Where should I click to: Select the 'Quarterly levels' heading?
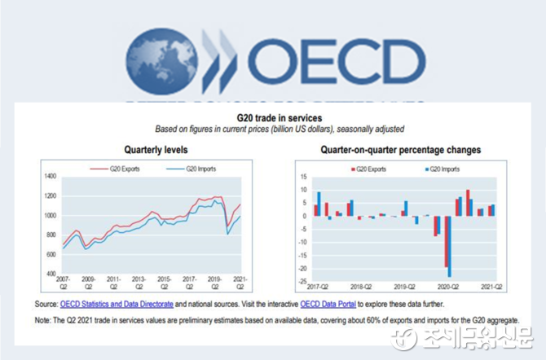tap(156, 150)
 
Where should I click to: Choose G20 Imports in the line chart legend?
tap(200, 169)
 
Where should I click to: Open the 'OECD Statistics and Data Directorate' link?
tap(117, 304)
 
